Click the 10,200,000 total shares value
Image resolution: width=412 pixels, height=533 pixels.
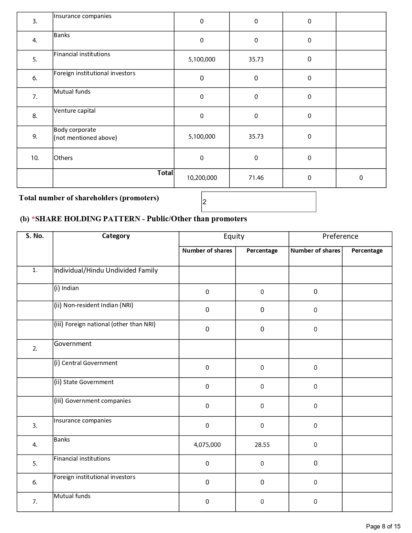tap(202, 178)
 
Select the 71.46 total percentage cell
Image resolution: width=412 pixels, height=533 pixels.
tap(256, 178)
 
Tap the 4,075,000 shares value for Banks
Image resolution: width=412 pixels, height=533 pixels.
tap(207, 445)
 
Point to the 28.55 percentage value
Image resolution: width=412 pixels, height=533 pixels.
tap(262, 445)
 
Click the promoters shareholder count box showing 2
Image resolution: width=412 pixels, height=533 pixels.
tap(259, 202)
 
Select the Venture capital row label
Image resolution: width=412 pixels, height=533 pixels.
tap(75, 111)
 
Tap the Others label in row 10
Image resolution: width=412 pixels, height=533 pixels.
tap(63, 158)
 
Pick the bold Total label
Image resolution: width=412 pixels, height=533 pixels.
tap(165, 173)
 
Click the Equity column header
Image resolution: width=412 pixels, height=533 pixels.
tap(234, 236)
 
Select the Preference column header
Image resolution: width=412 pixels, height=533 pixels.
tap(340, 236)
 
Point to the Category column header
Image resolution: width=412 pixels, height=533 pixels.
tap(116, 236)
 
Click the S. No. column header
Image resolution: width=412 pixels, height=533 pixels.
tap(35, 236)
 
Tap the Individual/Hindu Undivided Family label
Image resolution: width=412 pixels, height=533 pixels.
tap(106, 270)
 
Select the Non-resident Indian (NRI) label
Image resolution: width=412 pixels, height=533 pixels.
tap(93, 305)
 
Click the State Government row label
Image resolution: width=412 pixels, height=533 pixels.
tap(84, 382)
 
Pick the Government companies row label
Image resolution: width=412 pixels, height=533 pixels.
tap(92, 401)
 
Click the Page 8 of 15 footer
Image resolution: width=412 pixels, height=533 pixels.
tap(383, 527)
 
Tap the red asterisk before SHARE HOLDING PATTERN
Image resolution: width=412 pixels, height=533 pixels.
tap(33, 219)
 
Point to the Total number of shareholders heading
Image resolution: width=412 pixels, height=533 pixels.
tap(89, 198)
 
